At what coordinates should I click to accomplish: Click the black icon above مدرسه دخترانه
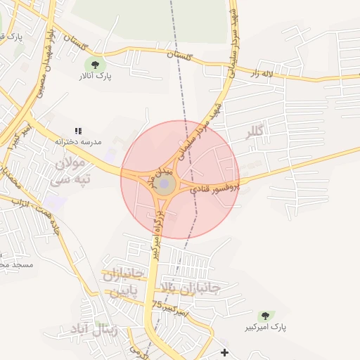(79, 131)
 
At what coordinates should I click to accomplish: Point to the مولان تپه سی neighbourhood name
(70, 172)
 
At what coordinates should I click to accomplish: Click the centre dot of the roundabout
(165, 185)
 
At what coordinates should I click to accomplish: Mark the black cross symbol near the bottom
(224, 352)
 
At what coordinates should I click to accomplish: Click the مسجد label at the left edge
(14, 264)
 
